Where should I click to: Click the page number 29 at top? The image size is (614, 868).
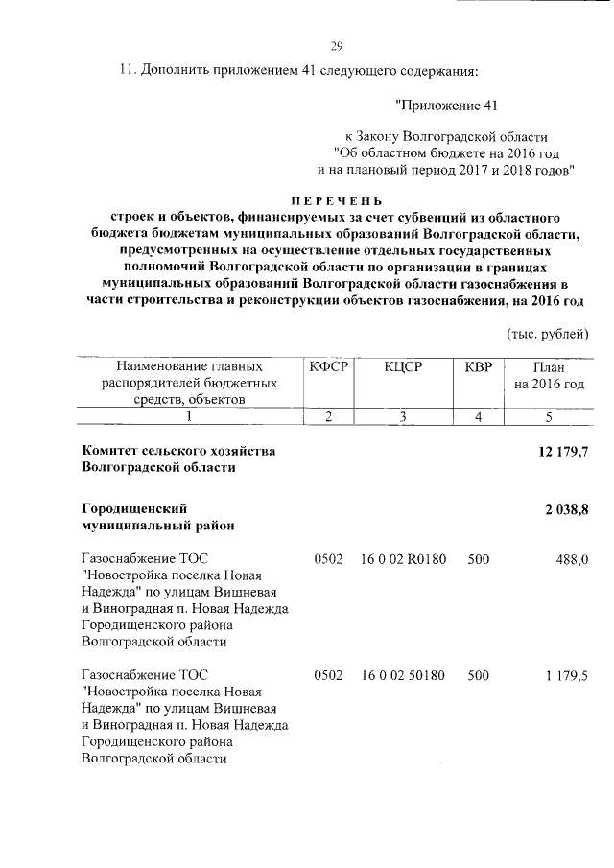[x=336, y=46]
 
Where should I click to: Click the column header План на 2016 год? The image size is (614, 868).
[x=549, y=375]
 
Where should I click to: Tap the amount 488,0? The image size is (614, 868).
[x=572, y=559]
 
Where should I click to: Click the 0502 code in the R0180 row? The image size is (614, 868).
[x=328, y=559]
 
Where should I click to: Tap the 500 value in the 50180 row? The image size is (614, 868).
[x=478, y=676]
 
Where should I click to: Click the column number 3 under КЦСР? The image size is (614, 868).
[x=403, y=416]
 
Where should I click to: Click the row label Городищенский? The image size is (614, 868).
[x=134, y=507]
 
